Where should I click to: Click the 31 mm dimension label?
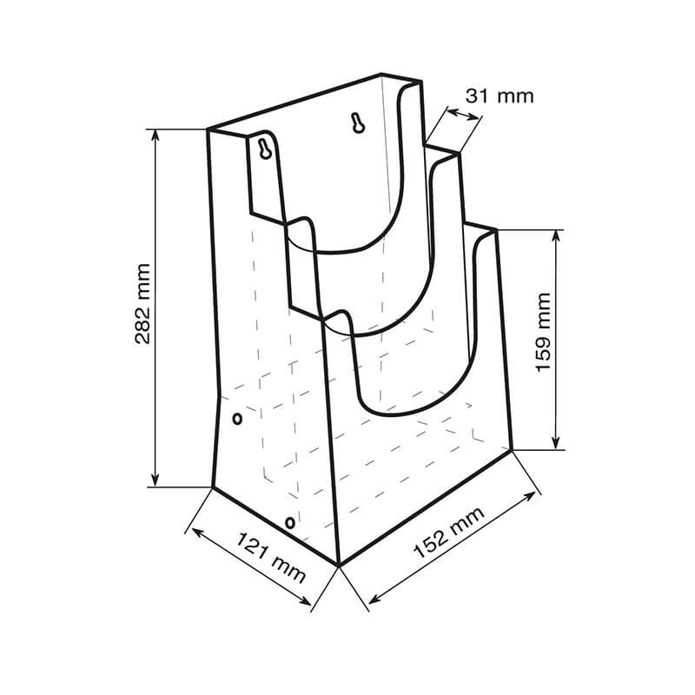(499, 96)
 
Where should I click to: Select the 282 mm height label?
(143, 304)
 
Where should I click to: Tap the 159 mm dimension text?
(545, 333)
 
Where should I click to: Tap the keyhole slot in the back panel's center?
(356, 123)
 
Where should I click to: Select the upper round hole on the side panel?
(237, 420)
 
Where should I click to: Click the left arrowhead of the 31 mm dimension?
(447, 110)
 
